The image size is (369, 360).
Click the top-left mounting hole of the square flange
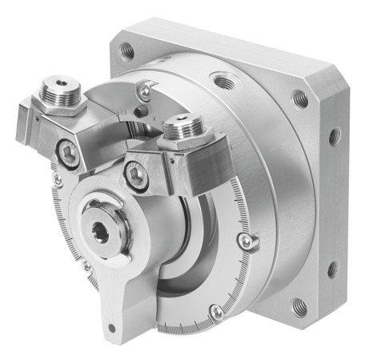[x=127, y=50]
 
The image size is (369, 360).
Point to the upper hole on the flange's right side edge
[x=334, y=136]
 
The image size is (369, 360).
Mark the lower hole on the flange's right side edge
[x=332, y=268]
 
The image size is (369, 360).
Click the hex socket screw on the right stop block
[x=136, y=177]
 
